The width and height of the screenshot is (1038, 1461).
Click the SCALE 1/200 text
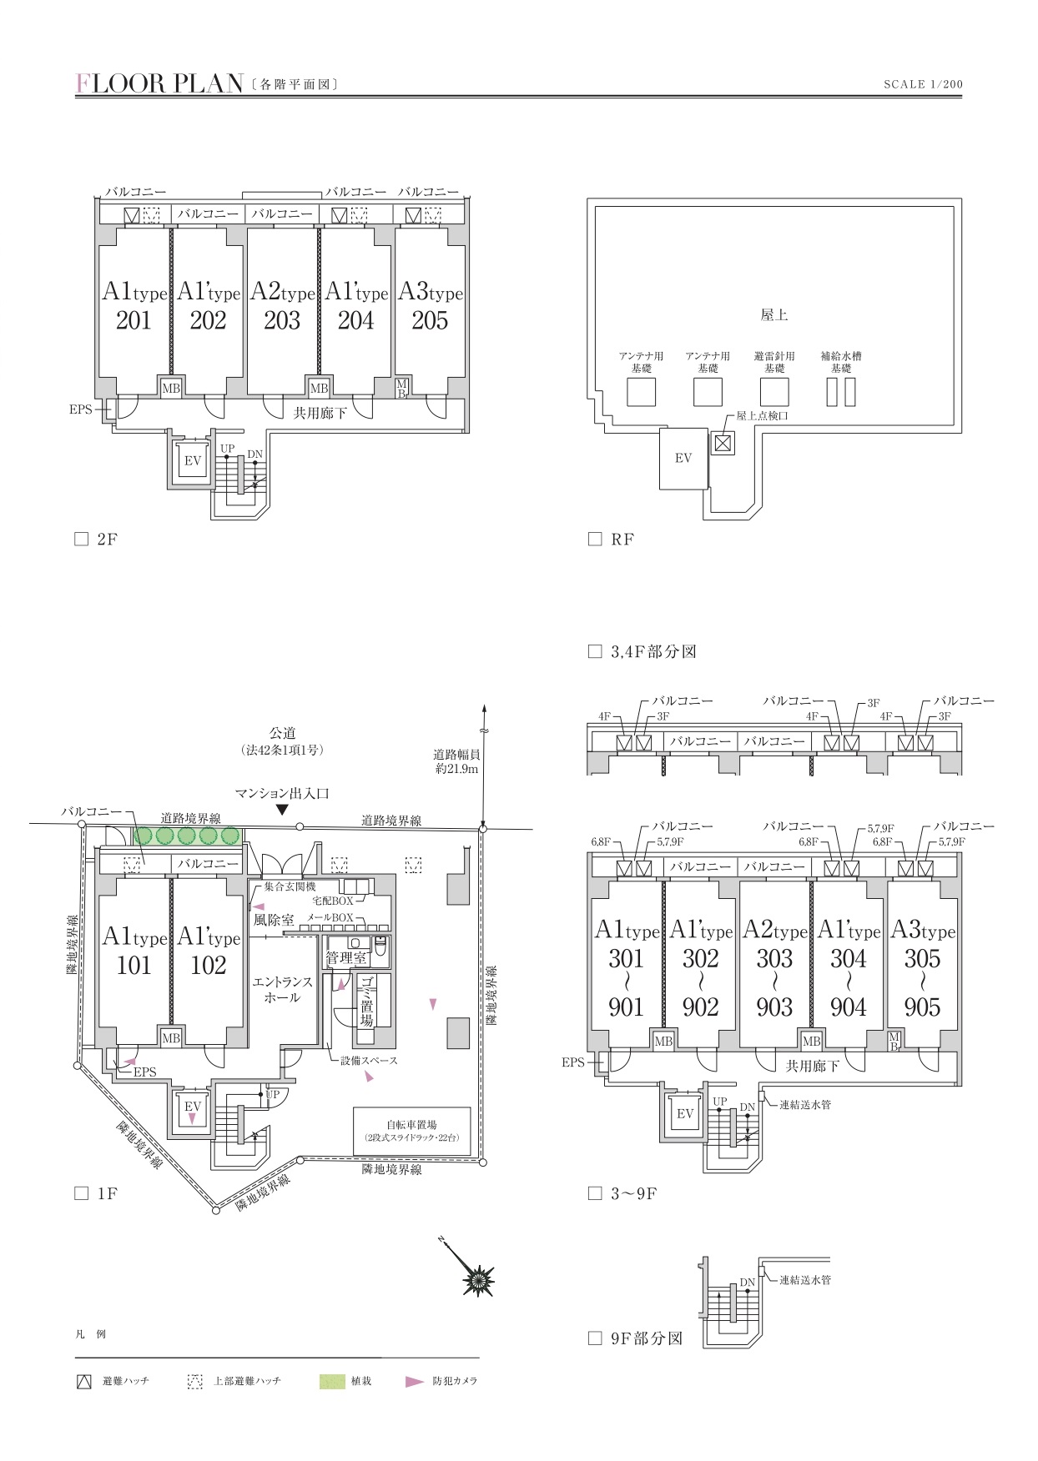click(x=923, y=84)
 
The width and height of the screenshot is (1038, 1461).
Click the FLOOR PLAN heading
click(x=159, y=83)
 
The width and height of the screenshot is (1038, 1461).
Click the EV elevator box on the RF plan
click(x=683, y=459)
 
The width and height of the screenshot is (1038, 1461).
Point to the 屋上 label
click(x=774, y=315)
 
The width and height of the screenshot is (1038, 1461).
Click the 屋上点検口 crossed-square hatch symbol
click(x=723, y=443)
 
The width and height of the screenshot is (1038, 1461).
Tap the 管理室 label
click(x=346, y=958)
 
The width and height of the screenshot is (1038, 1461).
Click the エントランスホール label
click(x=282, y=990)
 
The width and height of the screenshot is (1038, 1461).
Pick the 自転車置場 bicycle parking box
click(x=411, y=1131)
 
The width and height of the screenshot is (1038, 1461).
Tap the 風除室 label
click(x=274, y=921)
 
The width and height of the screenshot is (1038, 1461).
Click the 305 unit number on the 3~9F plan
click(x=922, y=959)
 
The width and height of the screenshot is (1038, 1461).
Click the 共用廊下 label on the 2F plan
click(x=320, y=413)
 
